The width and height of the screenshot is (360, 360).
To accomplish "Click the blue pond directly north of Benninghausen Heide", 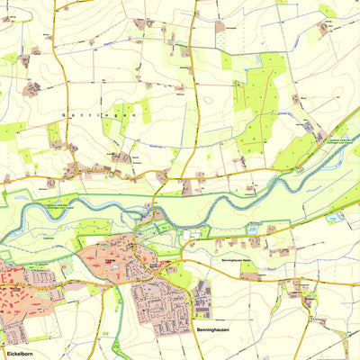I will [x=253, y=229].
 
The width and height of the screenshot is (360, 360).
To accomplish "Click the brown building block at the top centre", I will [x=220, y=27].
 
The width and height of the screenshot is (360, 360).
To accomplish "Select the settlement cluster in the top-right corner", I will [x=323, y=29].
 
